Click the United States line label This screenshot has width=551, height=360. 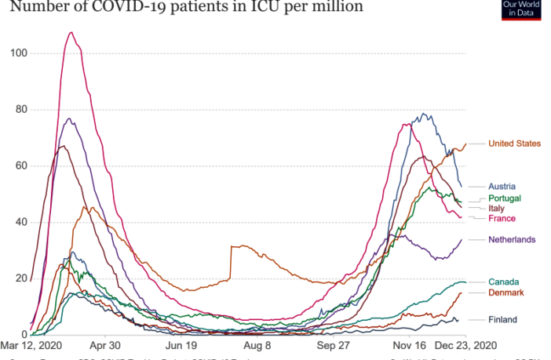(514, 144)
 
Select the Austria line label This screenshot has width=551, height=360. (502, 187)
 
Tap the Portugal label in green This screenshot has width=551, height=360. (505, 198)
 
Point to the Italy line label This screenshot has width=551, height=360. (497, 209)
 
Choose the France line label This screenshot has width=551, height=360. (502, 219)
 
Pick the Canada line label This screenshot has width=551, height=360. (503, 282)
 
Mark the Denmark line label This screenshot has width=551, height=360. (506, 293)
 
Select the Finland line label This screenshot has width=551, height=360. (503, 320)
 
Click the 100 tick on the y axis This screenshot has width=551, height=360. (18, 53)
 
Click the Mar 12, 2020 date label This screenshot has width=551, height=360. (31, 344)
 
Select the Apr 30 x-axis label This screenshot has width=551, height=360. (104, 344)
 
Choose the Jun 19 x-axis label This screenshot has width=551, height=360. (181, 344)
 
